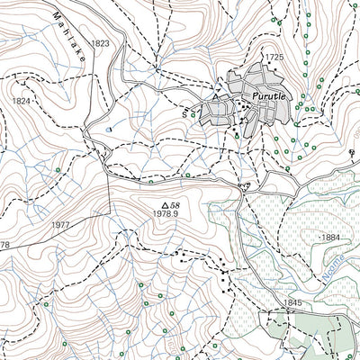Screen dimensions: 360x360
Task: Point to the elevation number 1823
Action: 100,43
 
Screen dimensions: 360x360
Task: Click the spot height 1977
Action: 61,224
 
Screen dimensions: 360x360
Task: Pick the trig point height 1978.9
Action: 167,214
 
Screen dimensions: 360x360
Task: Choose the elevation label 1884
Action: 329,238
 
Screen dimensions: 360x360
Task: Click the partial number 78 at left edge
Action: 4,245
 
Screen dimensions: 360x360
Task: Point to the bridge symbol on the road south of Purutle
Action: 242,185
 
